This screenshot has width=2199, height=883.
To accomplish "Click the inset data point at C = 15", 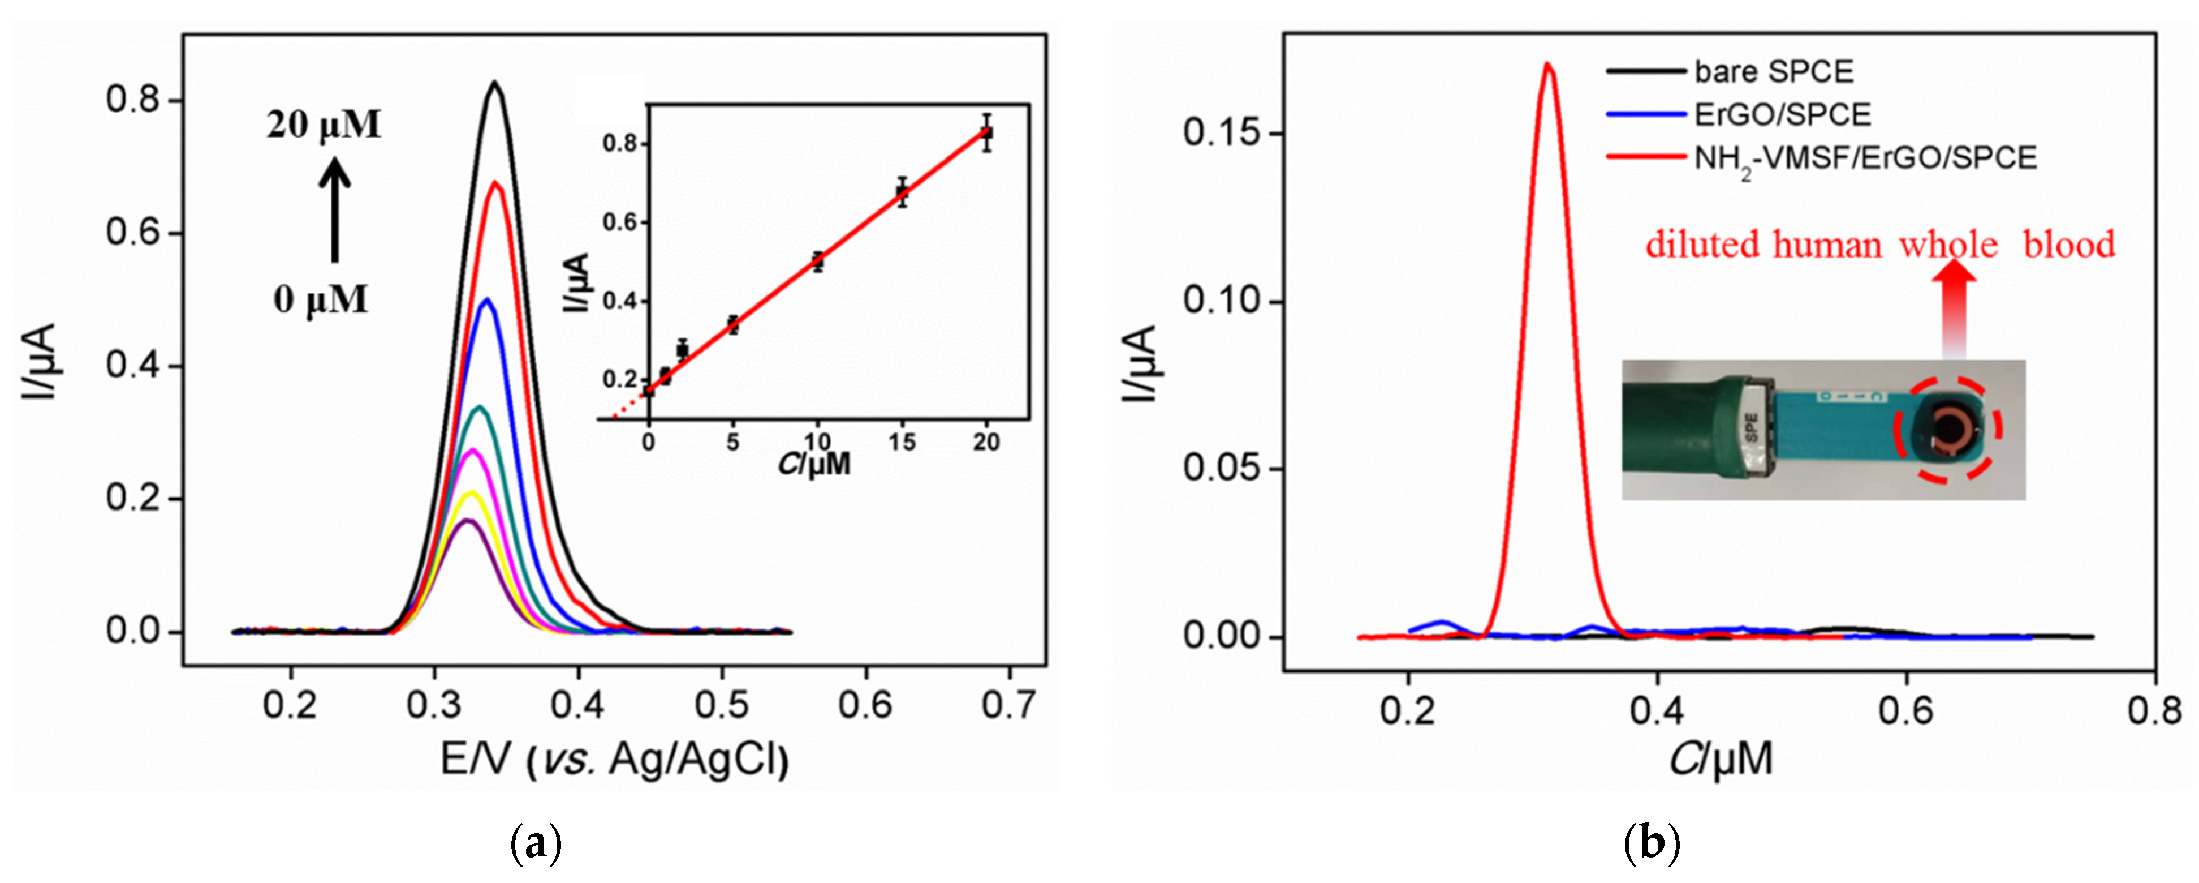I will point(902,192).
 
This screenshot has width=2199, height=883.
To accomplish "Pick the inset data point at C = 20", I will point(987,133).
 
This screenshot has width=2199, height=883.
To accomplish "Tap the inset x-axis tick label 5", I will point(732,443).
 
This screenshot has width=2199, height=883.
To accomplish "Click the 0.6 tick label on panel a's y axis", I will point(132,233).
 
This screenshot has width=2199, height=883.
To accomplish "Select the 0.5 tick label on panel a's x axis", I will point(722,705).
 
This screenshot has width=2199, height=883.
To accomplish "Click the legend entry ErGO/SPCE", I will point(1782,114).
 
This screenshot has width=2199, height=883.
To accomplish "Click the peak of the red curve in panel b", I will point(1547,64).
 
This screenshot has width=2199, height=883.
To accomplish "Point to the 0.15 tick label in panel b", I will point(1222,134).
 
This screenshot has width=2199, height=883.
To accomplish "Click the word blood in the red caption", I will point(2069,245).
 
